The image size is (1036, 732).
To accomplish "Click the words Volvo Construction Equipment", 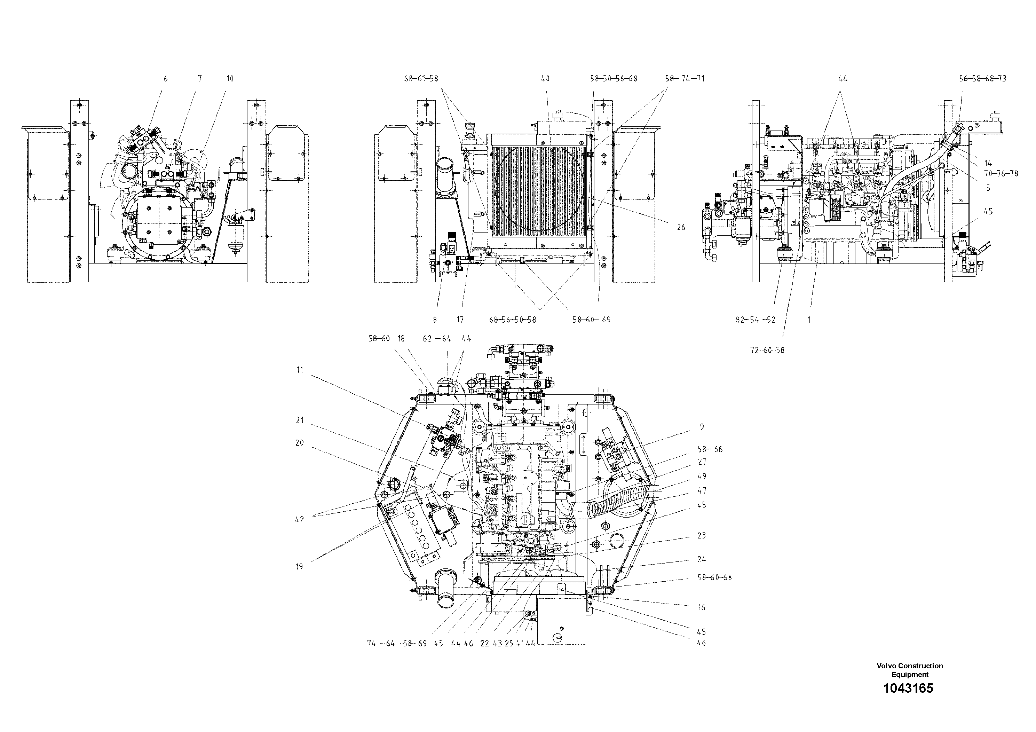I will (x=910, y=670).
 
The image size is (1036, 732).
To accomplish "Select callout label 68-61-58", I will (x=420, y=79).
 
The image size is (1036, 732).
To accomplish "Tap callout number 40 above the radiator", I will (x=545, y=79).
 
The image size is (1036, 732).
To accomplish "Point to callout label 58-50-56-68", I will (x=613, y=79).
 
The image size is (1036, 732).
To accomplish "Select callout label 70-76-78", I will (x=1001, y=174).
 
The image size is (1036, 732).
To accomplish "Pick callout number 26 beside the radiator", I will (x=681, y=227).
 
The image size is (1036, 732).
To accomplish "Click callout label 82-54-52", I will (x=756, y=320).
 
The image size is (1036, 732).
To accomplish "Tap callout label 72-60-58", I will (x=767, y=350).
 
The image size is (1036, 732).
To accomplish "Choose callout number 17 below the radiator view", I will (x=460, y=320).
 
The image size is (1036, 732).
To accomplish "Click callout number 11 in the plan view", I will (x=300, y=370).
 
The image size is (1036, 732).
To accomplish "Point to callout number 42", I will (x=300, y=519).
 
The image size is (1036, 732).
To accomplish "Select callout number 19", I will (x=300, y=567).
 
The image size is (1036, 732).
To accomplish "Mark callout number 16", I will (x=701, y=607).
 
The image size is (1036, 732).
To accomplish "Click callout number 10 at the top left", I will (x=230, y=79).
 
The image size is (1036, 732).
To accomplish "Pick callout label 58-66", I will (x=710, y=449).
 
